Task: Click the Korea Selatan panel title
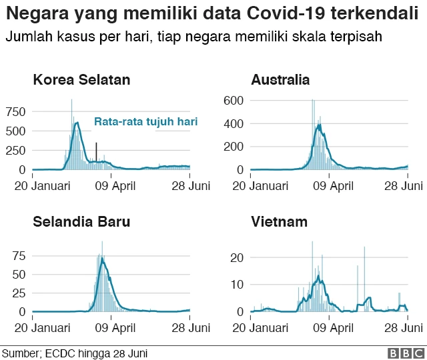click(x=81, y=81)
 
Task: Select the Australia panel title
click(x=280, y=81)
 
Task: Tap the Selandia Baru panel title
click(x=81, y=222)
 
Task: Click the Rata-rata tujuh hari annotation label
click(x=145, y=122)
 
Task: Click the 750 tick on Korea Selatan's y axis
click(x=16, y=111)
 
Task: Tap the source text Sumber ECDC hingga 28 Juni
click(x=74, y=353)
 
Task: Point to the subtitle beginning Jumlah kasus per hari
click(x=193, y=37)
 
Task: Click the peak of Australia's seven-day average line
click(x=320, y=125)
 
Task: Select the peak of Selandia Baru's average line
click(x=102, y=259)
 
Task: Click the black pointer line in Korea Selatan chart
click(x=96, y=151)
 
